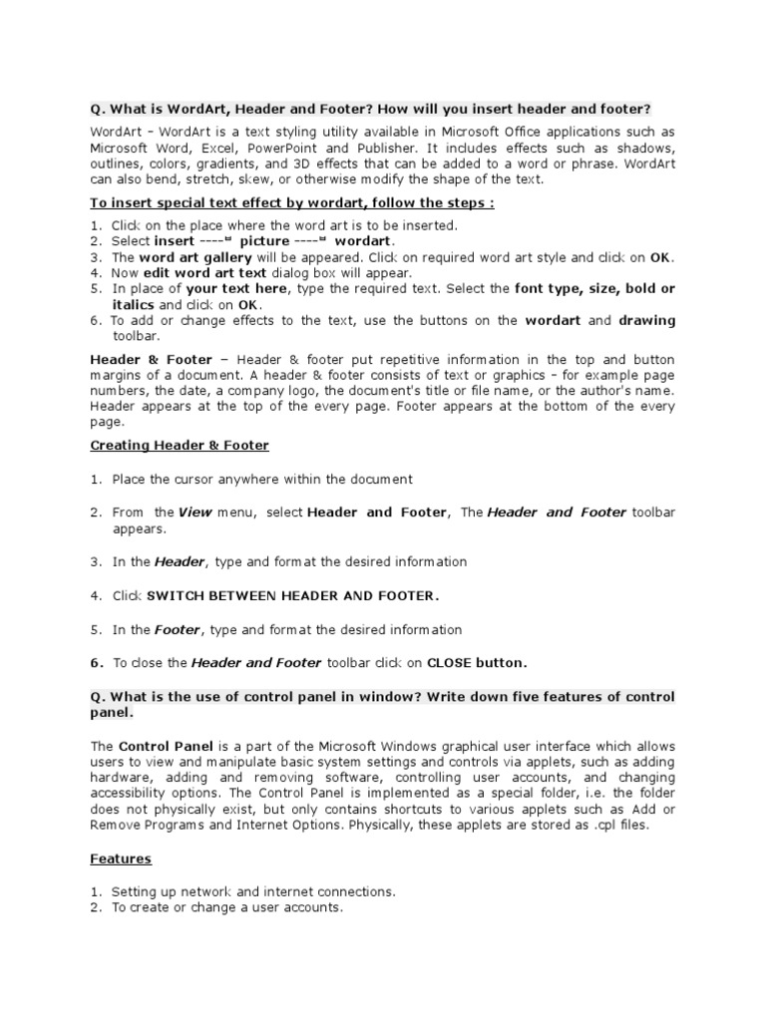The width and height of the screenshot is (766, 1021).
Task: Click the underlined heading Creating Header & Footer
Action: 180,445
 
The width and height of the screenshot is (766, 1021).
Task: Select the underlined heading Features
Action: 122,857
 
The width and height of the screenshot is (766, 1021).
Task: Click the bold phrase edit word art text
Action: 204,272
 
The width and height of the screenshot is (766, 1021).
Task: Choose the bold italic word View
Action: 195,512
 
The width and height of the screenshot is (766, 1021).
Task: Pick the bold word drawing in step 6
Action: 646,320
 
